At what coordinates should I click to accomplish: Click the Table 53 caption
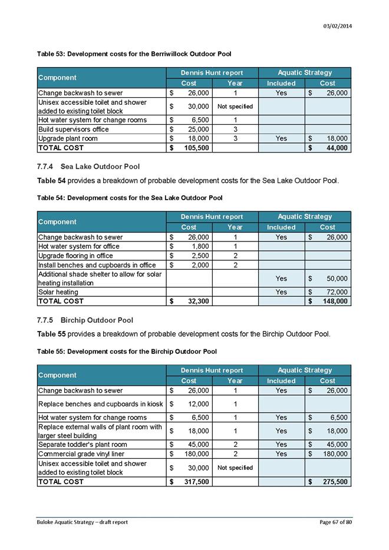tap(134, 54)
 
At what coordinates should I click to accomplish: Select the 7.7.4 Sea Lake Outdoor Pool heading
tap(88, 167)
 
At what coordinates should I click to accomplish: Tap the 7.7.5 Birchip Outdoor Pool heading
tap(85, 320)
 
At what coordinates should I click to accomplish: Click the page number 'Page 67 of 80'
tap(335, 522)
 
